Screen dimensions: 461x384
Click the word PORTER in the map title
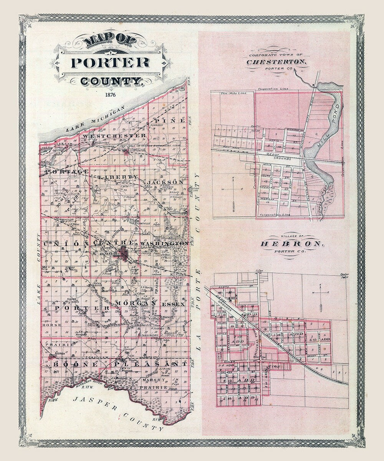pos(110,62)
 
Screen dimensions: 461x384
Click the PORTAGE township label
pos(67,172)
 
